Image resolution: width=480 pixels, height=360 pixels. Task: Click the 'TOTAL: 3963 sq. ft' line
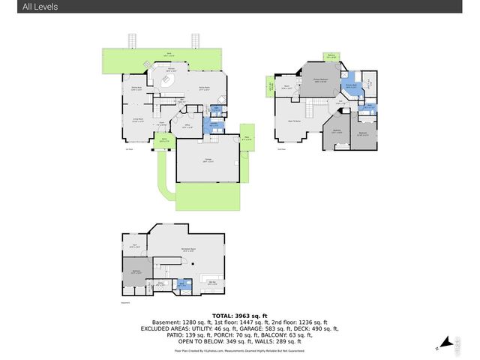pyautogui.click(x=239, y=315)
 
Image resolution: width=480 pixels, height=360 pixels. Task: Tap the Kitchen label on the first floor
pyautogui.click(x=170, y=69)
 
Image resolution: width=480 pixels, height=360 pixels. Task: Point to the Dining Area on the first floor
pyautogui.click(x=137, y=89)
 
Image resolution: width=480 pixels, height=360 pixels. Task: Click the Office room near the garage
pyautogui.click(x=187, y=127)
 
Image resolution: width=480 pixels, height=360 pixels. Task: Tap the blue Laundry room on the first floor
pyautogui.click(x=214, y=124)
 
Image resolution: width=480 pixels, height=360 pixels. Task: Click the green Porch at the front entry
pyautogui.click(x=165, y=139)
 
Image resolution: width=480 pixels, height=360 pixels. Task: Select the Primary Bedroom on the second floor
pyautogui.click(x=322, y=82)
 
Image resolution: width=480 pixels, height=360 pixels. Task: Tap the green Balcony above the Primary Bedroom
pyautogui.click(x=331, y=56)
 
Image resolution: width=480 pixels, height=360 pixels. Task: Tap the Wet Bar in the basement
pyautogui.click(x=212, y=283)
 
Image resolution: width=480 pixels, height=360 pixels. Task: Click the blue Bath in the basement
pyautogui.click(x=181, y=284)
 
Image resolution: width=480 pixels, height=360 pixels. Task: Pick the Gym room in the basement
pyautogui.click(x=135, y=244)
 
